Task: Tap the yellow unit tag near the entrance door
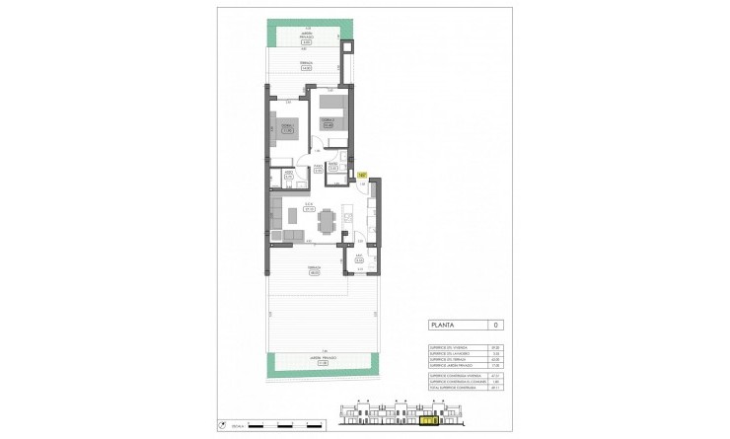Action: (362, 175)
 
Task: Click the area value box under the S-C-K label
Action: (309, 209)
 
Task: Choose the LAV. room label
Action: (360, 259)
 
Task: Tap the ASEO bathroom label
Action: (288, 175)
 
